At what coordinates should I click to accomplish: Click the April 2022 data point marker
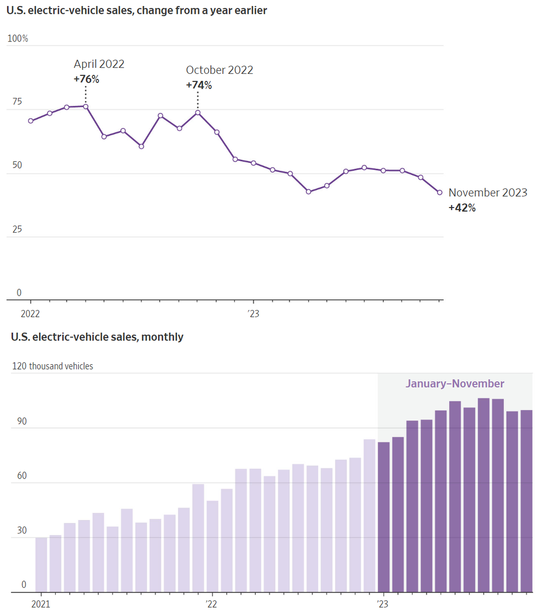(85, 107)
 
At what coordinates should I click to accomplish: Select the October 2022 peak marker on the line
(198, 113)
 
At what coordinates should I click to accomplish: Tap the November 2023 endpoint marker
(440, 193)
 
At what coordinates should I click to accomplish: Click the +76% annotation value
(86, 79)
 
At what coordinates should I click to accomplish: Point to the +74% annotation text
(199, 85)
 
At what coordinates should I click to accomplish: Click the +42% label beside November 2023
(462, 208)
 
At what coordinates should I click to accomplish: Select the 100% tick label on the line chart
(18, 39)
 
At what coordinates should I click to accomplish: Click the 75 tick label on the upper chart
(17, 102)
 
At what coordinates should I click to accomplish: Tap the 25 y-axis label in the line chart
(17, 229)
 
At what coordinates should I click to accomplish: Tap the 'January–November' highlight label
(455, 384)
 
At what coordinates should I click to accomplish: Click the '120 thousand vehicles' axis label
(53, 366)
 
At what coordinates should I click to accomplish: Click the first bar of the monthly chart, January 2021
(41, 564)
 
